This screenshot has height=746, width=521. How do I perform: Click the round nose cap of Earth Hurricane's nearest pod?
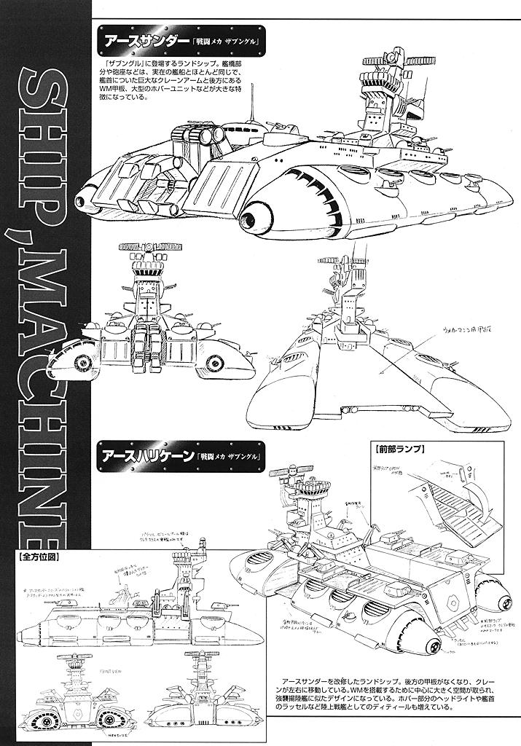tap(430, 647)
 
